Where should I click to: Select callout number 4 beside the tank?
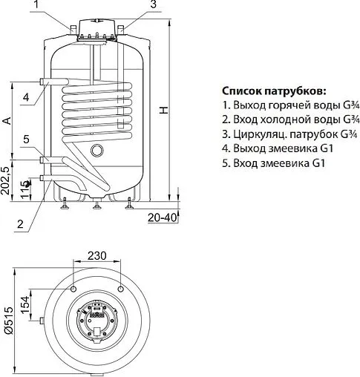tap(25, 97)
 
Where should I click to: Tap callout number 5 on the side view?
tap(25, 140)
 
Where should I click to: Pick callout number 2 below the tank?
tap(20, 223)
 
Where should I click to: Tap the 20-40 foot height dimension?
tap(161, 217)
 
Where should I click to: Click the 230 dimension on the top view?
tap(98, 255)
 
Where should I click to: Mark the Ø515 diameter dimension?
tap(7, 320)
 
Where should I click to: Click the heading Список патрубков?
tap(273, 91)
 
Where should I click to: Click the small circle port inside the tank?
tap(96, 151)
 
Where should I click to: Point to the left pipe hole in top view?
tap(74, 286)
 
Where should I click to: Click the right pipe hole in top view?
tap(122, 286)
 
